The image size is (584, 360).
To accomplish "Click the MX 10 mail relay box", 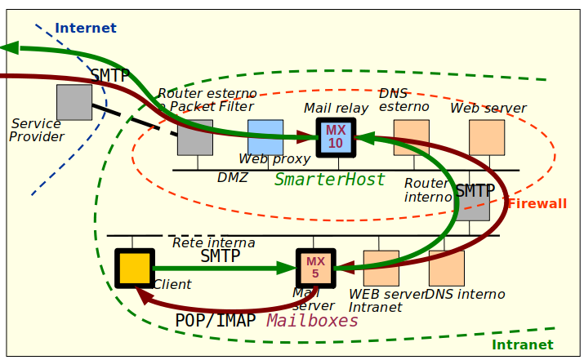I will (336, 137).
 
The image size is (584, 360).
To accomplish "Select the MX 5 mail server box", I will (315, 268).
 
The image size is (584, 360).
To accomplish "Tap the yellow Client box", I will (135, 268).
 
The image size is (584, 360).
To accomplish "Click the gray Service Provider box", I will (74, 102).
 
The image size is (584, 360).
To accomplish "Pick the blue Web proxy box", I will (265, 137).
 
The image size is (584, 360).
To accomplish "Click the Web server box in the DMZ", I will (487, 137).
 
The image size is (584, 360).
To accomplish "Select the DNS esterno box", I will (411, 137).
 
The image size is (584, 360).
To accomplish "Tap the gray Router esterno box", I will (195, 137).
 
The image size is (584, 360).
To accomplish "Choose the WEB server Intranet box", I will (381, 268).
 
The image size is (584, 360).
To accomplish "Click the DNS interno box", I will (446, 268).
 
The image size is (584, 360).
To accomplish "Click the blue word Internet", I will (86, 29).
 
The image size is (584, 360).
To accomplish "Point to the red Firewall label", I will (537, 204).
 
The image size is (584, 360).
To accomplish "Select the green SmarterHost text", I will (329, 180).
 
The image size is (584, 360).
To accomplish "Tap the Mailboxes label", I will (313, 321).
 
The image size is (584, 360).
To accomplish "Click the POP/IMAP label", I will (216, 321).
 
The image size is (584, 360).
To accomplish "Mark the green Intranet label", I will (523, 345).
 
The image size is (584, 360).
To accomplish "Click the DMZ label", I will (233, 178).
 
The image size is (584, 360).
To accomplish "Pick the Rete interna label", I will (213, 243).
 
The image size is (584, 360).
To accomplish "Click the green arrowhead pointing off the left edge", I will (10, 48).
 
